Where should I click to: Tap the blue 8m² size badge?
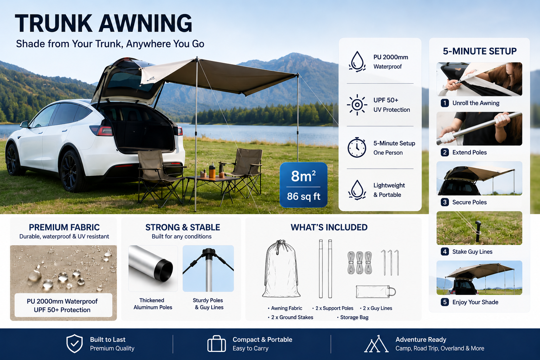coord(303,185)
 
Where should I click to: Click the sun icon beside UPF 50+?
coord(357,105)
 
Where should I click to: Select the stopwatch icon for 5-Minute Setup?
coord(357,147)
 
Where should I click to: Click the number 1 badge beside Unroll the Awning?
coord(445,103)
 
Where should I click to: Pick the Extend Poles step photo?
coord(479,129)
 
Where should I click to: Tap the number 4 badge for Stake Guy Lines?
coord(445,252)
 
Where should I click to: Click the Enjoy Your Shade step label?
coord(475,302)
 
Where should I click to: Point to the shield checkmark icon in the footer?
coord(75,343)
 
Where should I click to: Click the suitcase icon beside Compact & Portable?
coord(217,343)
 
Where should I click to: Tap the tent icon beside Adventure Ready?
coord(376,344)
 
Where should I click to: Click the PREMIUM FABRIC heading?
coord(64,227)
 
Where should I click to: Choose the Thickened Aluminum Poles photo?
coord(153,268)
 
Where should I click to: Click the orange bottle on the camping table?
coord(212,171)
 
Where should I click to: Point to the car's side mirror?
coord(24,124)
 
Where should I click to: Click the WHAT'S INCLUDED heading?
coord(329,227)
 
